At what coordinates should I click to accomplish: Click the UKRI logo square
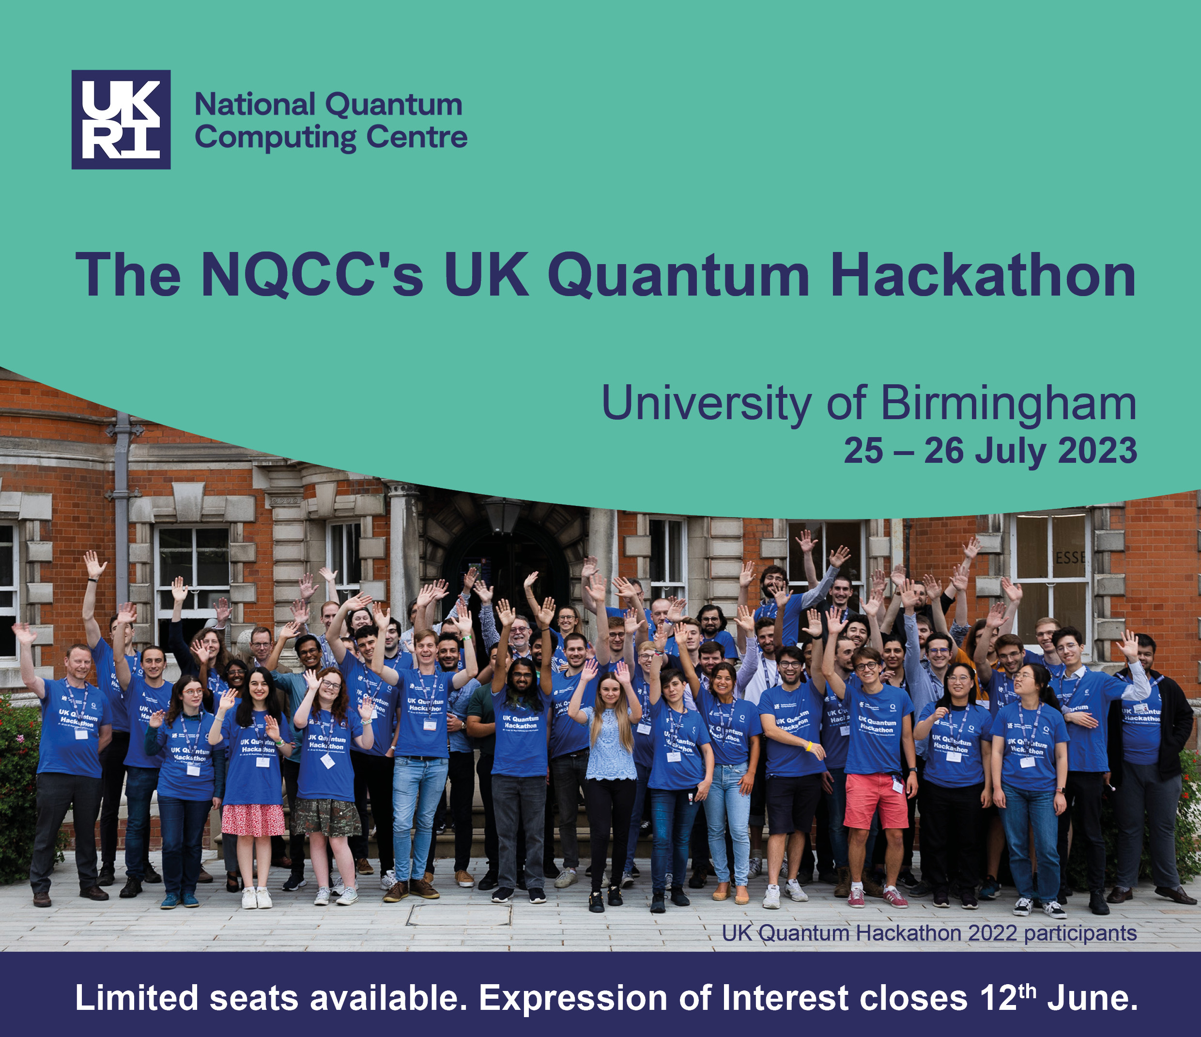tap(121, 120)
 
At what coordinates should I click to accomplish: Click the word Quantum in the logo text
tap(394, 106)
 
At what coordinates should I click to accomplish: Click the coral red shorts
tap(875, 801)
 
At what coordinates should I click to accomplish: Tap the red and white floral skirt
tap(253, 819)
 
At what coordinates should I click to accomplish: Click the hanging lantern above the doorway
tap(503, 515)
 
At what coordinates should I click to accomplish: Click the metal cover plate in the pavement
tap(459, 914)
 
